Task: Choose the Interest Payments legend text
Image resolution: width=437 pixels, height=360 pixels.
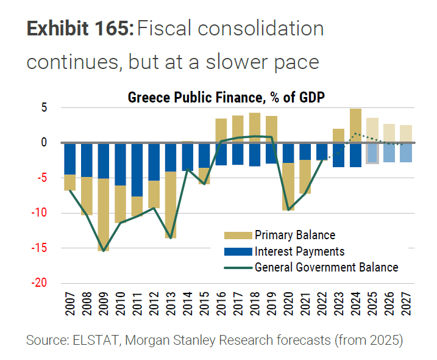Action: (299, 251)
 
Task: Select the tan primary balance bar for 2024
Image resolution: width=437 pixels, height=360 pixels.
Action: (356, 125)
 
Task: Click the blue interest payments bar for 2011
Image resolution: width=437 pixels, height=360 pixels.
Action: (138, 170)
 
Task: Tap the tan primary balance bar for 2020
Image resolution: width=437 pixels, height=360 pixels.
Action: (289, 187)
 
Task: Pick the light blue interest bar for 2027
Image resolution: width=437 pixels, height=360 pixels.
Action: (406, 153)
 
